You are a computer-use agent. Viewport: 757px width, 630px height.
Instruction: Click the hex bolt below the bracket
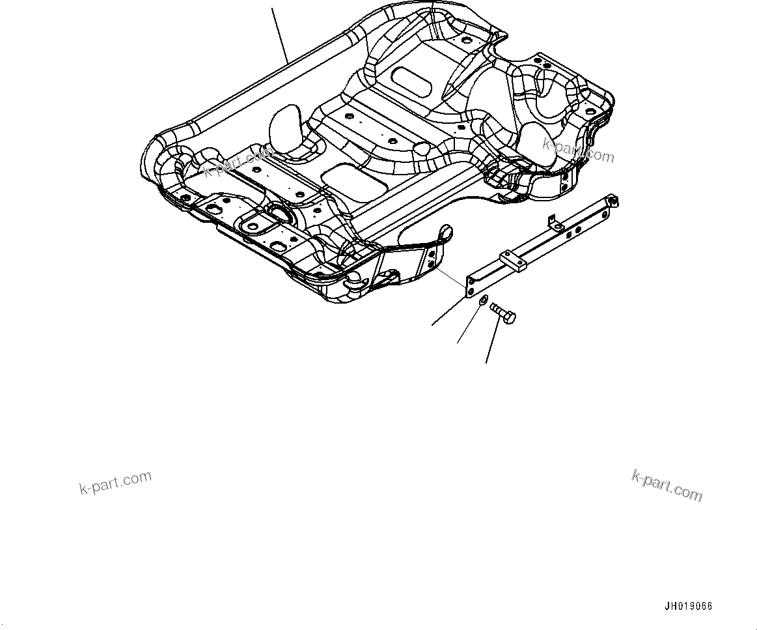(503, 313)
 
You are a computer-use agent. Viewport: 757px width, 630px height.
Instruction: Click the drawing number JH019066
(688, 607)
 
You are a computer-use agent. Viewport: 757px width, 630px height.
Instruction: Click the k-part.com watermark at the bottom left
(115, 483)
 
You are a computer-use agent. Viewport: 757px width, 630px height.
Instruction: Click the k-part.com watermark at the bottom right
(667, 485)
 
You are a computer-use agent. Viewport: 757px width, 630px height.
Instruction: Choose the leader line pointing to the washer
(467, 326)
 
